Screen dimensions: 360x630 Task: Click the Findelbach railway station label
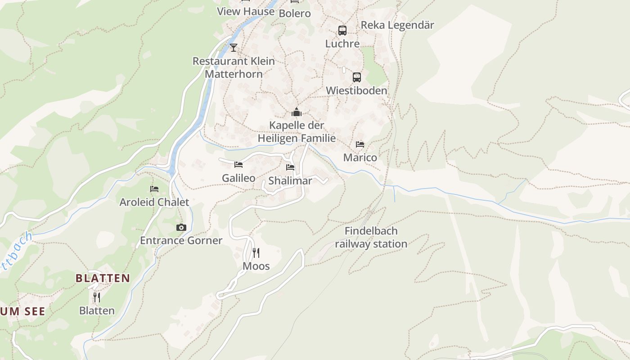click(x=371, y=238)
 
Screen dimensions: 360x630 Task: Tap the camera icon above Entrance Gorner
click(x=181, y=227)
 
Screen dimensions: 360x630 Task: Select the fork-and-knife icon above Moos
click(x=256, y=252)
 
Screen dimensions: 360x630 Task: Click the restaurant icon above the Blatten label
click(x=97, y=297)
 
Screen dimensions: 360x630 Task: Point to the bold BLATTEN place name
click(x=103, y=278)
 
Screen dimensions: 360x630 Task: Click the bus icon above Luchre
click(x=342, y=31)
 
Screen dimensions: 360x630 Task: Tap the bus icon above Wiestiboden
click(x=357, y=77)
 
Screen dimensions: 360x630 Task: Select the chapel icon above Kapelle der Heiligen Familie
click(x=297, y=112)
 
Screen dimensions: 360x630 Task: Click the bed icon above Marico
click(x=360, y=144)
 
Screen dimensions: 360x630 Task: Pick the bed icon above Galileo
click(x=238, y=165)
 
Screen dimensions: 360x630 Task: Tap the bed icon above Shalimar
click(x=290, y=167)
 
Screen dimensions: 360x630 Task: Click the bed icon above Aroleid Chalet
click(x=154, y=189)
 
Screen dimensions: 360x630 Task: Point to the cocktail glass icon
click(x=234, y=47)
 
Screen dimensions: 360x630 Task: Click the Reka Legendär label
click(x=397, y=25)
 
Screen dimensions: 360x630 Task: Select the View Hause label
click(x=246, y=12)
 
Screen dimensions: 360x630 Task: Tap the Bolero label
click(x=295, y=13)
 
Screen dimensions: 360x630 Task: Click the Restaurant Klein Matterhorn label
click(x=234, y=67)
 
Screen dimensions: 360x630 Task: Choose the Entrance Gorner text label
click(x=181, y=240)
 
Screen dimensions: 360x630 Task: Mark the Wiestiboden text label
click(x=356, y=90)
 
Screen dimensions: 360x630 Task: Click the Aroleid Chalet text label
click(x=154, y=202)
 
